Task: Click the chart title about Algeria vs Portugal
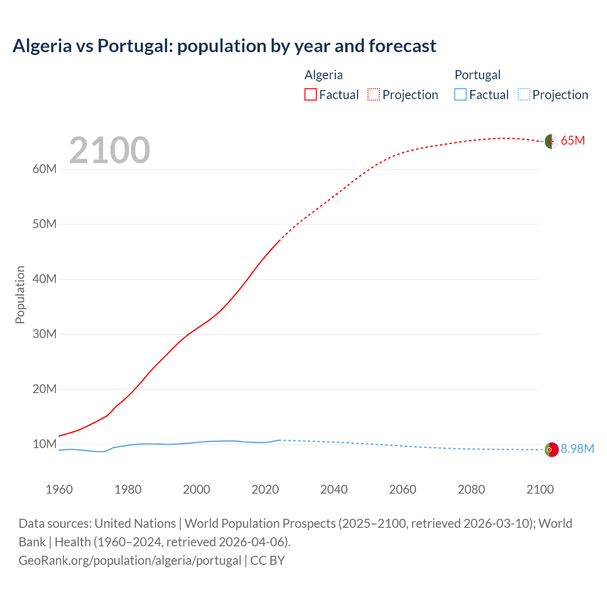(x=224, y=46)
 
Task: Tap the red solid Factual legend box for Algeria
(x=310, y=94)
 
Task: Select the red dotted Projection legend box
(x=374, y=94)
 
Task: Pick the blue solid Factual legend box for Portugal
(x=460, y=94)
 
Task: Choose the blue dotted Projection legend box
(x=524, y=94)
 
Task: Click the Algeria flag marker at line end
(x=551, y=141)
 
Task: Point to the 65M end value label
(x=573, y=141)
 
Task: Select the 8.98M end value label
(x=577, y=449)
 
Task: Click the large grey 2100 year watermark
(x=110, y=150)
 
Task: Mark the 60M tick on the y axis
(x=45, y=169)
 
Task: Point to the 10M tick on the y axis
(x=45, y=444)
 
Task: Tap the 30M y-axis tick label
(x=45, y=334)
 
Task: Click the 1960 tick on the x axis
(x=59, y=489)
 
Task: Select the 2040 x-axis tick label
(x=334, y=489)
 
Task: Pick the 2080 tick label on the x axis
(x=471, y=489)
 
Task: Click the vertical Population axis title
(x=20, y=294)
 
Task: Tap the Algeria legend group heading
(x=323, y=75)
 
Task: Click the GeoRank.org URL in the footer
(x=130, y=561)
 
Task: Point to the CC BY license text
(x=267, y=561)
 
